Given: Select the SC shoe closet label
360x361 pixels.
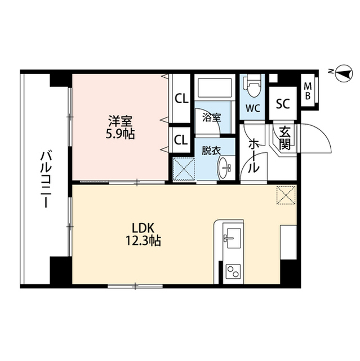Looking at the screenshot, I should pos(282,104).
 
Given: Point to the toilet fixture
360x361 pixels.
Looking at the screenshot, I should pos(252,86).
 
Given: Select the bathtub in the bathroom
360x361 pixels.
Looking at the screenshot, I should pos(214,89).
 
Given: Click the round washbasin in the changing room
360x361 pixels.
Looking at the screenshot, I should pos(225,168).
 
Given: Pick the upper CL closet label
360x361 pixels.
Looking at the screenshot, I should pos(181,99).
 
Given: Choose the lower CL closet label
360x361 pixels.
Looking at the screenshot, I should pos(181,139).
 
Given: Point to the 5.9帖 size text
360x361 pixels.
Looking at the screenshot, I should pos(122,135).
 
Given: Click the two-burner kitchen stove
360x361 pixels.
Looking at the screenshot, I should pos(232,272).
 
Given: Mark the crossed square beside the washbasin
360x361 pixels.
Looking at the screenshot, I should pos(184,168).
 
